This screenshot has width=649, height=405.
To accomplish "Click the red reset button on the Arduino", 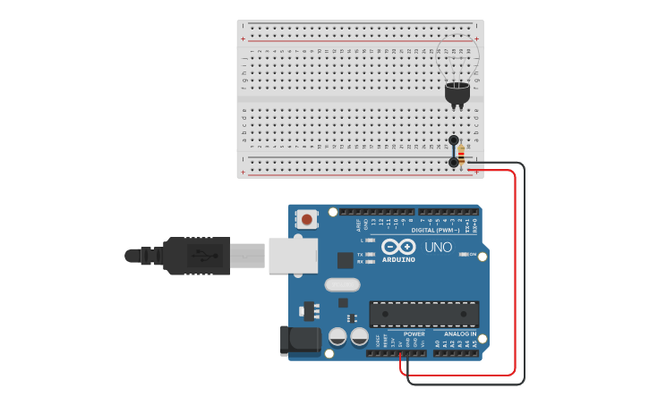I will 307,219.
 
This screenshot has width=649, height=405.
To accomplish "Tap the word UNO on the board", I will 438,248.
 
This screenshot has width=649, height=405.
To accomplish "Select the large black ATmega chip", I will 423,314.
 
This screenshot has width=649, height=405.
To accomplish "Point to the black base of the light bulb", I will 457,93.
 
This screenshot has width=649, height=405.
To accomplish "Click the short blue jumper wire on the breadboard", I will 454,151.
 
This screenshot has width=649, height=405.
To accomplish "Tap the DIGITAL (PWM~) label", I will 435,230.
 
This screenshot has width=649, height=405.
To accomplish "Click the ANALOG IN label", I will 460,333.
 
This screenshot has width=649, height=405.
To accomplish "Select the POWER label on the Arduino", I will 414,333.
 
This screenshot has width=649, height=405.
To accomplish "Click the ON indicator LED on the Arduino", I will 464,254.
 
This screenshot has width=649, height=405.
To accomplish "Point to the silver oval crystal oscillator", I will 341,285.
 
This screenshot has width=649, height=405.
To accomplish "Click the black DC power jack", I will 301,341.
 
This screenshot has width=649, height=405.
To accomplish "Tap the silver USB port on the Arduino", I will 293,255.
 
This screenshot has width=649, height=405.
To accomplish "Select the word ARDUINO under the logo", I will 398,259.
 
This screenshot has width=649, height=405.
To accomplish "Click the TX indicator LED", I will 371,254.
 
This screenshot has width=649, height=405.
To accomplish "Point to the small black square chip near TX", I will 345,260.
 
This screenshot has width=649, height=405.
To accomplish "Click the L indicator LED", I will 371,240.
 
